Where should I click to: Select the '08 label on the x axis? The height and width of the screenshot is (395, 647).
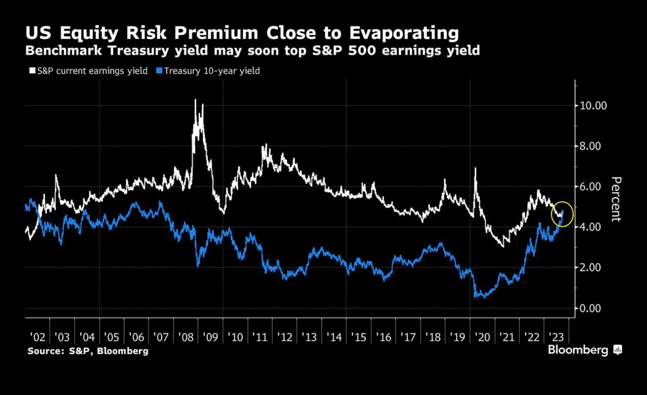[187, 337]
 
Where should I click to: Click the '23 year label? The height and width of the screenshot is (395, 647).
[556, 337]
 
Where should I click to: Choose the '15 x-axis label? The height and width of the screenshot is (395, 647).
[359, 337]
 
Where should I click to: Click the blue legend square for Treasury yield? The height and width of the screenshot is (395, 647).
[159, 71]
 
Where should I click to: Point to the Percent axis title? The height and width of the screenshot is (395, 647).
[616, 199]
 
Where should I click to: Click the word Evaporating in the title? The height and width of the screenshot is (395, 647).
[397, 33]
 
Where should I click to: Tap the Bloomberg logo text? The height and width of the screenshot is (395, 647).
[578, 350]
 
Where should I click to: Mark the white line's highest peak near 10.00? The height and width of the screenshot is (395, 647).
[195, 100]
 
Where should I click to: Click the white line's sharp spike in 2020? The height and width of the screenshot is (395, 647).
[476, 169]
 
